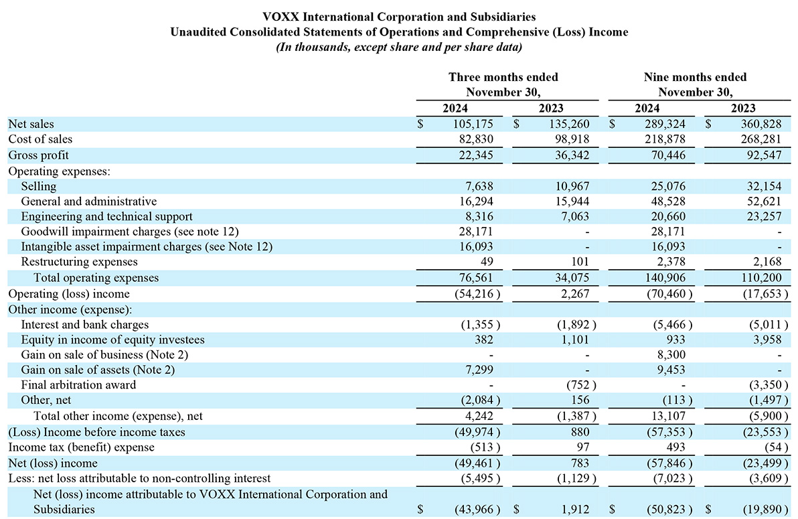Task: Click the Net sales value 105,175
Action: tap(473, 124)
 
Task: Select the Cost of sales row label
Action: tap(40, 139)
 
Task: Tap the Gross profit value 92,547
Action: tap(764, 155)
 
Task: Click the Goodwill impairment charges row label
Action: tap(130, 231)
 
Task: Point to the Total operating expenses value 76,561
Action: tap(476, 277)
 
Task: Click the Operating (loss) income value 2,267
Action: tap(574, 294)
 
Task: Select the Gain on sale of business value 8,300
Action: tap(671, 354)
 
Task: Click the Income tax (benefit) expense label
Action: tap(82, 447)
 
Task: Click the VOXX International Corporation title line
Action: tap(399, 17)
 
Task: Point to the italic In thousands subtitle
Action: tap(399, 48)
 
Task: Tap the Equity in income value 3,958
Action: tap(767, 340)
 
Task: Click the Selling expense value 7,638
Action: tap(479, 186)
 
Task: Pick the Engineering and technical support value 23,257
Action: tap(764, 216)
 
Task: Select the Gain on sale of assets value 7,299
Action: tap(479, 370)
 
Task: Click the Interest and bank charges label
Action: tap(84, 324)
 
